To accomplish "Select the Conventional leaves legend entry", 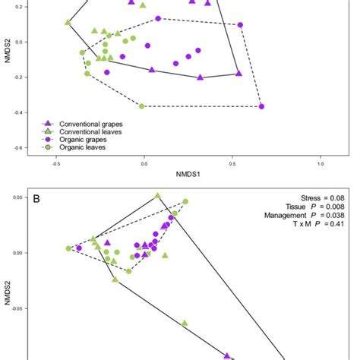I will tap(90, 131).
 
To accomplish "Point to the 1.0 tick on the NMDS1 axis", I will tap(321, 163).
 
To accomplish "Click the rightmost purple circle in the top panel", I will tap(261, 106).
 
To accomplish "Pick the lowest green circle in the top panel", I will tap(143, 106).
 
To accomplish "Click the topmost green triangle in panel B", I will tap(158, 196).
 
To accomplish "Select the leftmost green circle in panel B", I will tap(68, 248).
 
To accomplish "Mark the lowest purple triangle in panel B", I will tap(226, 355).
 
